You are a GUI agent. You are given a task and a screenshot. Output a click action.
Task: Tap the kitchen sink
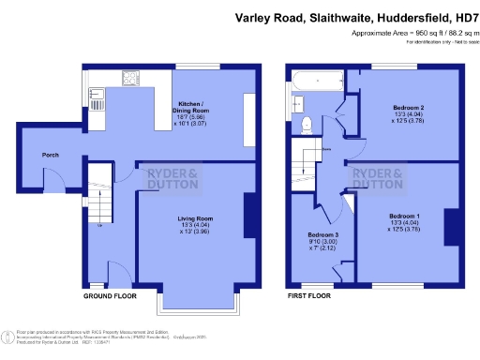coord(97,93)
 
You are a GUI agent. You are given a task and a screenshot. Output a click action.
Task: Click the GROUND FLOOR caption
coord(110,295)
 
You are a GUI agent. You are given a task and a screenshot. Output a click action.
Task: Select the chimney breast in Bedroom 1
coord(450,225)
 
